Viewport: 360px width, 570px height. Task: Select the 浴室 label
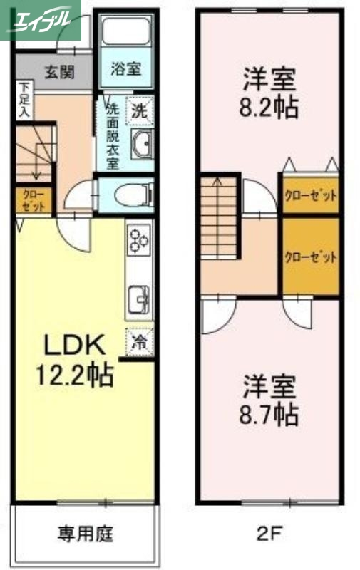click(x=125, y=70)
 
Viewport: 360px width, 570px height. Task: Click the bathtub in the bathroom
click(x=125, y=33)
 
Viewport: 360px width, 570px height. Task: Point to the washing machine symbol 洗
click(x=140, y=110)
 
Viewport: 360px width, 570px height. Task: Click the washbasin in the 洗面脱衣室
click(x=142, y=145)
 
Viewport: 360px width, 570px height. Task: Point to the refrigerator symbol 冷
click(x=140, y=341)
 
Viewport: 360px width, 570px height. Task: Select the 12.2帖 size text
click(x=76, y=374)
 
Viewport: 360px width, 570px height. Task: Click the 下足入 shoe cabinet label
click(x=24, y=100)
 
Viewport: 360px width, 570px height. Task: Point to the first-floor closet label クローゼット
click(x=34, y=200)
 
